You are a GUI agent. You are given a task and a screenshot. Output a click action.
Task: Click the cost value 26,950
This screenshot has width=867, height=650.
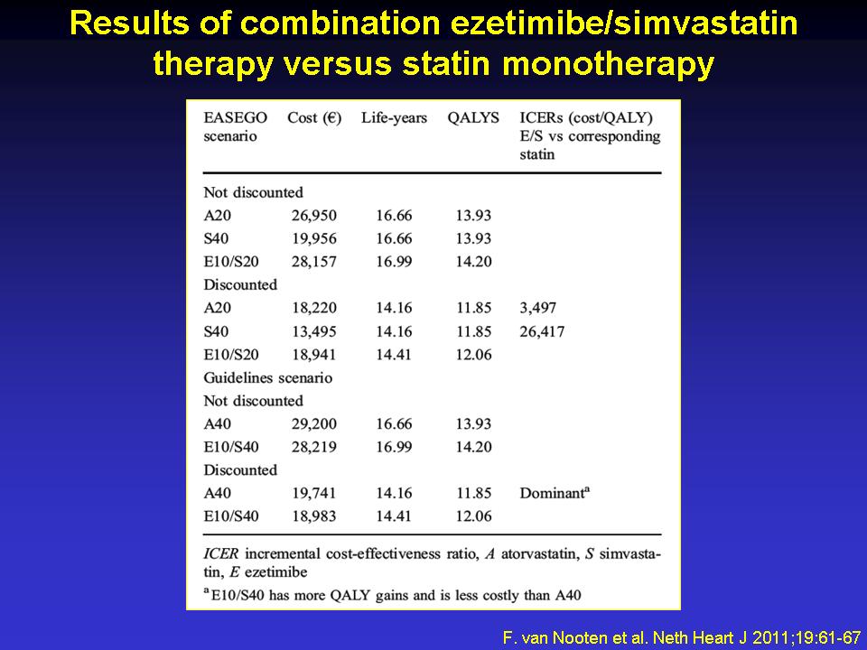click(x=314, y=216)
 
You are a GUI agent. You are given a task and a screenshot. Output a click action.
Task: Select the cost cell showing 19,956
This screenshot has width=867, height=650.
click(x=314, y=238)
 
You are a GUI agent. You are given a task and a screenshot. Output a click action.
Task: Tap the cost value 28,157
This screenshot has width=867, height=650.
click(x=314, y=262)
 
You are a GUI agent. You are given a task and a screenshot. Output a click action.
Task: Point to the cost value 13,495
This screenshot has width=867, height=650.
click(x=314, y=331)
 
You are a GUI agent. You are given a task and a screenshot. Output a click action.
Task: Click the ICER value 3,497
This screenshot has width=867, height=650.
click(x=538, y=308)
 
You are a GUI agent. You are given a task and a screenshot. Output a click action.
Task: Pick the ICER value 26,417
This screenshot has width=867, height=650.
click(x=542, y=331)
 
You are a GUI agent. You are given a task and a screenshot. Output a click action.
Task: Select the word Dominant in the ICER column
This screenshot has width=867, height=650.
click(x=552, y=493)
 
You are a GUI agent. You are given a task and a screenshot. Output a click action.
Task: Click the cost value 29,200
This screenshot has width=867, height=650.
click(x=314, y=424)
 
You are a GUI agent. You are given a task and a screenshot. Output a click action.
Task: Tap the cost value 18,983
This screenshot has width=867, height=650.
click(x=314, y=516)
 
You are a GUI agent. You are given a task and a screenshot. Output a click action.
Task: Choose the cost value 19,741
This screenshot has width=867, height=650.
click(x=314, y=493)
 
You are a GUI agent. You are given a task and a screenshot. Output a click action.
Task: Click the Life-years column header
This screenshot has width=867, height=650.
click(x=395, y=118)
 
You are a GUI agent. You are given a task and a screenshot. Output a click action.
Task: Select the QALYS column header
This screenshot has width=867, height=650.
click(x=473, y=118)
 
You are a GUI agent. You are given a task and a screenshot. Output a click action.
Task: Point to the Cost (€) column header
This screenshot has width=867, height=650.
click(x=314, y=118)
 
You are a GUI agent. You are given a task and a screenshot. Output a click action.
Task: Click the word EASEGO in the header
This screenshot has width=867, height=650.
click(x=235, y=118)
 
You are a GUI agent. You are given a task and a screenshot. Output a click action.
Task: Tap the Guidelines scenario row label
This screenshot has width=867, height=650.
click(x=267, y=378)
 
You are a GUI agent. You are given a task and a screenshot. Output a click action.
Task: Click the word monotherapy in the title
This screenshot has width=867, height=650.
click(x=608, y=64)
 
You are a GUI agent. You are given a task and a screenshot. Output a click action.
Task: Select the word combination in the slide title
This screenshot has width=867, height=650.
click(x=340, y=24)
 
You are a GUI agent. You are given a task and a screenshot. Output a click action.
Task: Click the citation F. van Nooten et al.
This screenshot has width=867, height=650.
click(x=577, y=637)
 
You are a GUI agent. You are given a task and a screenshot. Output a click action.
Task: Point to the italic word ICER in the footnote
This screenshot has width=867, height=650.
click(x=221, y=553)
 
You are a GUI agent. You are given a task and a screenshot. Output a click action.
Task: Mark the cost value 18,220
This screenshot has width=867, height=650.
click(x=314, y=308)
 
